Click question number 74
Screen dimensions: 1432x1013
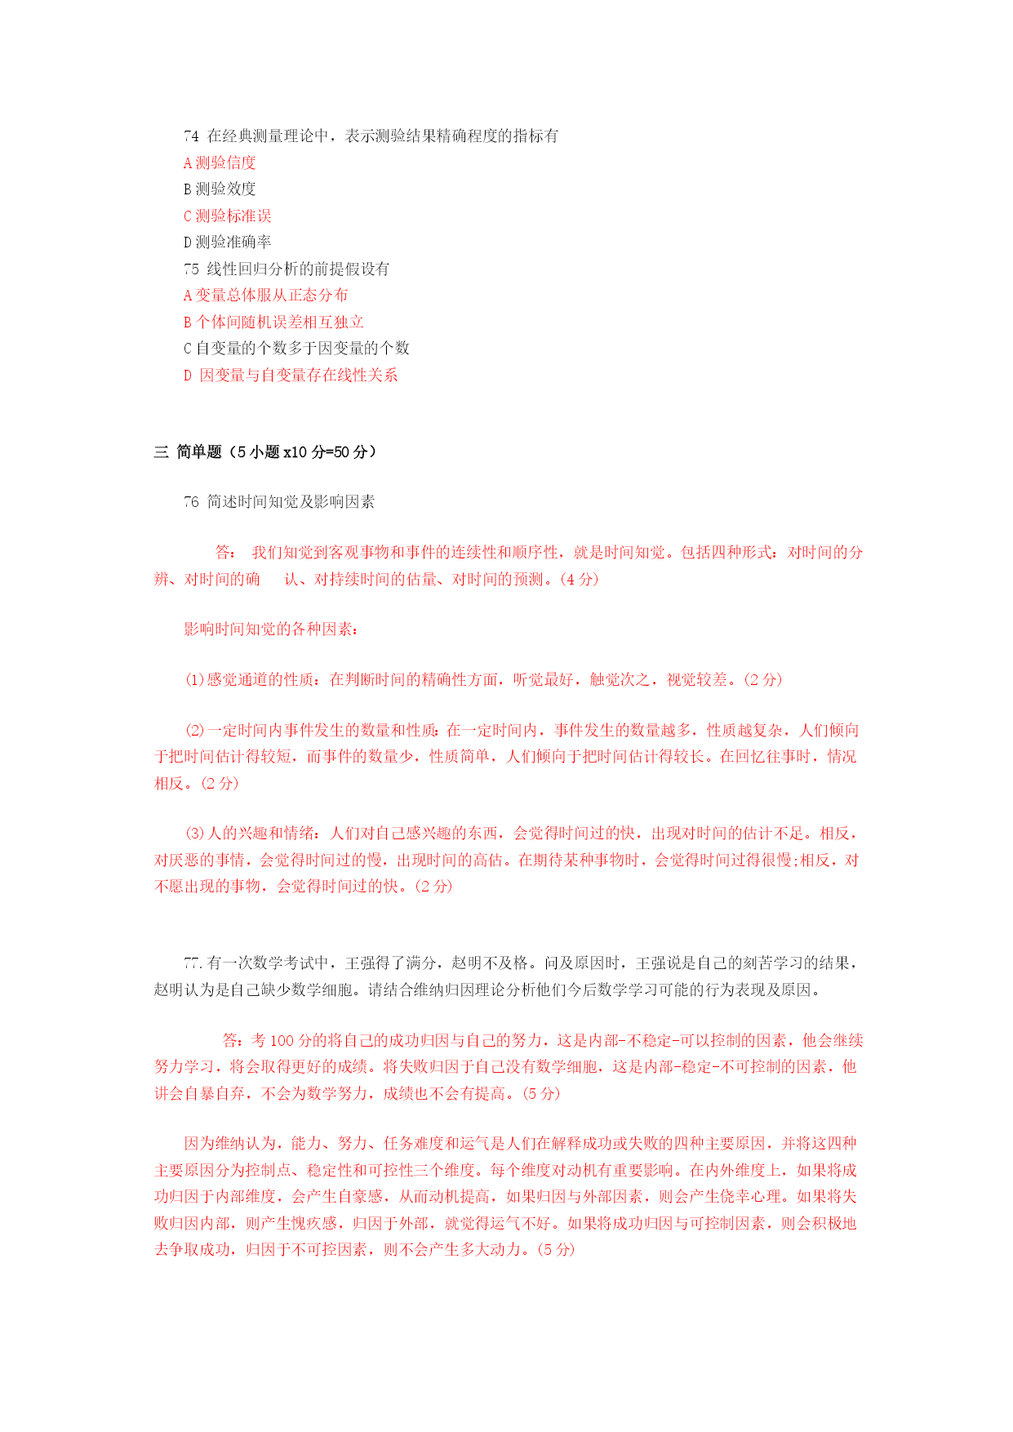191,136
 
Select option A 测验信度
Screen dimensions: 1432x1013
220,162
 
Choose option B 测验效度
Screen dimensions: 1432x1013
220,189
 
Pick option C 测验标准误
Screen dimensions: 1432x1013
227,216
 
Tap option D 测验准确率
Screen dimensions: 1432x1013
227,242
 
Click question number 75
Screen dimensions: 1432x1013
191,269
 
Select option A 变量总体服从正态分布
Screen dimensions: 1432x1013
265,295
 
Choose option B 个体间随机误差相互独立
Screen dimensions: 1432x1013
273,322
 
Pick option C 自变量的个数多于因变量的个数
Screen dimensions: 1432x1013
296,348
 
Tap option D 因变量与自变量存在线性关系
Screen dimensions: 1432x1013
291,375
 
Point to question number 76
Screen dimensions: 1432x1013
191,501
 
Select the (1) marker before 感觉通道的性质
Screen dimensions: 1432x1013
194,679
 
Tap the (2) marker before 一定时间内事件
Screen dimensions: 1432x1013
194,730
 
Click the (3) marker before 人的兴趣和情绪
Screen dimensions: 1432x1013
194,833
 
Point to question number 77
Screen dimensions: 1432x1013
193,963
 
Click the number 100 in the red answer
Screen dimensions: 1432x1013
282,1040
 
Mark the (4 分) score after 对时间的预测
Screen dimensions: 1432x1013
580,579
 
